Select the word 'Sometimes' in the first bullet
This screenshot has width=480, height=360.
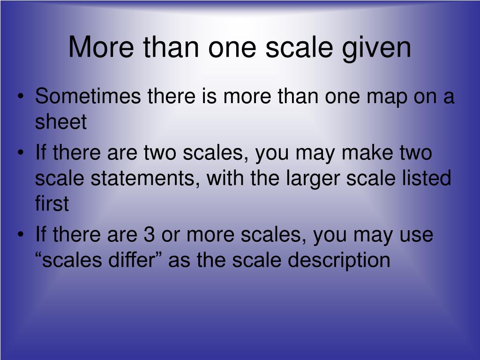click(88, 97)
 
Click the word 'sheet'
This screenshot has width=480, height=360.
click(61, 122)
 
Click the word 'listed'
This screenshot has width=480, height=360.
click(427, 179)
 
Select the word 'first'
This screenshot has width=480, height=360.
click(52, 204)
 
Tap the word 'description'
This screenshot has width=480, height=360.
click(338, 260)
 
